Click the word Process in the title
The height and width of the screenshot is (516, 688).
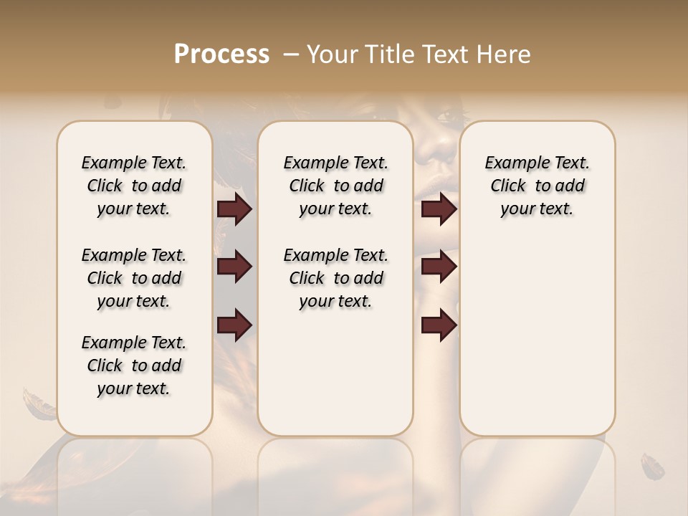pos(221,54)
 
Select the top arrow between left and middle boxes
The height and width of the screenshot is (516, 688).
pos(234,209)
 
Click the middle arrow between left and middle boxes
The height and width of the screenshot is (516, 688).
pos(234,267)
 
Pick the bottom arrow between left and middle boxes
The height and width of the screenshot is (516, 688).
pos(234,325)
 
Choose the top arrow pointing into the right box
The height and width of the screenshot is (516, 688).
pos(439,209)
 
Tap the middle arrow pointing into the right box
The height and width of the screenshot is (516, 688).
pos(439,267)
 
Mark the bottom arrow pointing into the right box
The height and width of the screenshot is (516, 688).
pos(439,325)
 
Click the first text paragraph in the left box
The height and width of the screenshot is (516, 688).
pos(134,186)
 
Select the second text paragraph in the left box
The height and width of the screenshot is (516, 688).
pos(134,278)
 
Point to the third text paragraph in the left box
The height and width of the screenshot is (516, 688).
pos(134,365)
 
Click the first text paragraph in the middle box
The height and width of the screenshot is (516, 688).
pos(336,186)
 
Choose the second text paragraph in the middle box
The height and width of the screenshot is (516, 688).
pos(336,278)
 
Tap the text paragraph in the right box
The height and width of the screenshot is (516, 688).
pos(537,186)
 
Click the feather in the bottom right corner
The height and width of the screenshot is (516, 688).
pos(652,466)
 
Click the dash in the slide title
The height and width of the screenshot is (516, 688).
pos(291,54)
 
